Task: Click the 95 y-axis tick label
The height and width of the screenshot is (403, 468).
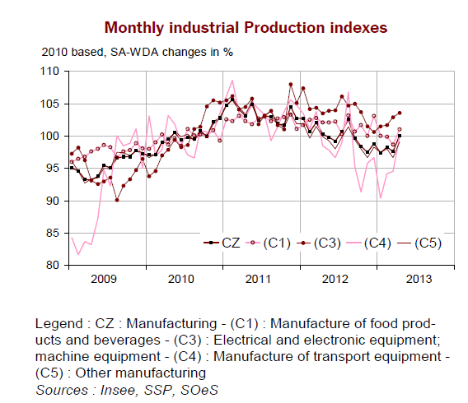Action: click(x=53, y=169)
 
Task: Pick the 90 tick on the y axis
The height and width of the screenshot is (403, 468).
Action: click(x=53, y=201)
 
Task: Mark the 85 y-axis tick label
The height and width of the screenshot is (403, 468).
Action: click(x=53, y=234)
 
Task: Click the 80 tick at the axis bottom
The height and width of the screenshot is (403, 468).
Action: click(x=53, y=266)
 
